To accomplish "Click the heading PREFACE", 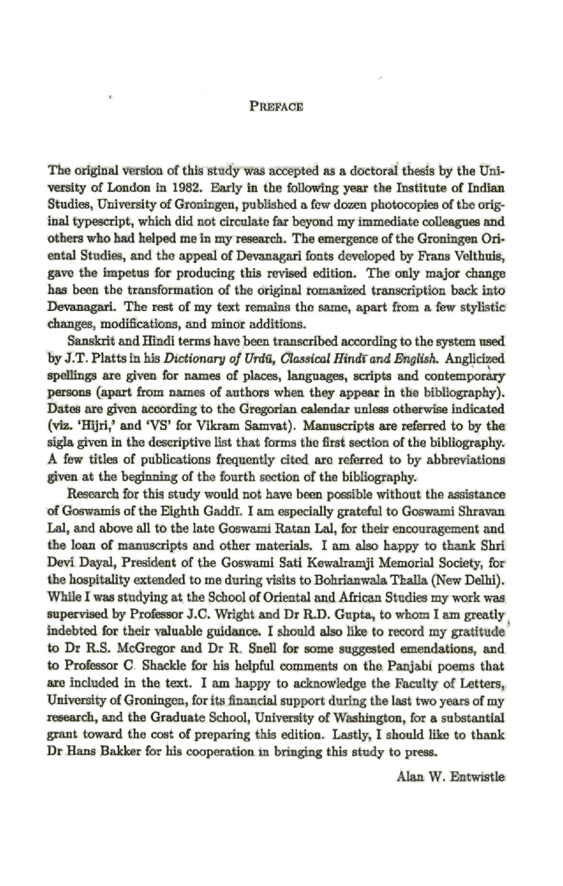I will click(276, 107).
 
